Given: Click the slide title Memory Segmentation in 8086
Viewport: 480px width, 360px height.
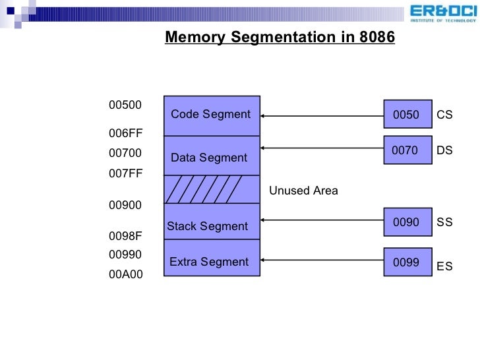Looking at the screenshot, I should coord(280,38).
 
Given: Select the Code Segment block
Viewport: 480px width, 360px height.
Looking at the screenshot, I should coord(211,115).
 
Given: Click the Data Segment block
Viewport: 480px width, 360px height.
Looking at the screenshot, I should coord(211,156).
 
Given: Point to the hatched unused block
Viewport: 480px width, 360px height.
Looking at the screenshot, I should coord(211,189).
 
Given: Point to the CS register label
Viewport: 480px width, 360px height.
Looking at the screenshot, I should coord(444,115).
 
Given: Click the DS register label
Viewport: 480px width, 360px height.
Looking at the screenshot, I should coord(444,151).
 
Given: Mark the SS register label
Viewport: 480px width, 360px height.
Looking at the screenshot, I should coord(444,223).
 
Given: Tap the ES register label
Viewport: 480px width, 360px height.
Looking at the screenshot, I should coord(444,266).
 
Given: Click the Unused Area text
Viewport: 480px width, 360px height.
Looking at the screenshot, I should coord(303,191).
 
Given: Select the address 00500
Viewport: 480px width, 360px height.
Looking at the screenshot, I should coord(125,105).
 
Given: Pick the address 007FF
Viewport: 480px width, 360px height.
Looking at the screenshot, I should coord(125,174).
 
